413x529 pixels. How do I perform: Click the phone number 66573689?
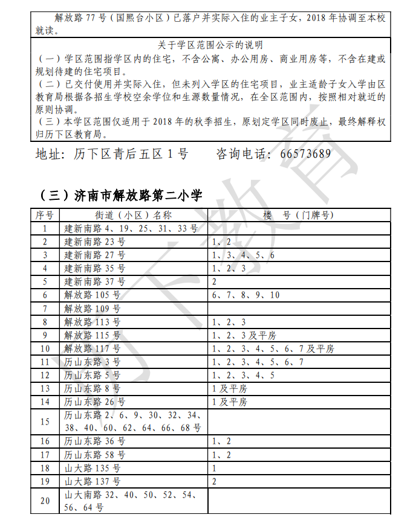(x=305, y=154)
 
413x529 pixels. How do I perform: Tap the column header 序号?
(x=45, y=215)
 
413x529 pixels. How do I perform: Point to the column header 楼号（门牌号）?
(x=299, y=215)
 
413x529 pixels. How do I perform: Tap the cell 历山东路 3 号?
(x=93, y=362)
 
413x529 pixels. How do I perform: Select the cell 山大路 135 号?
(x=93, y=468)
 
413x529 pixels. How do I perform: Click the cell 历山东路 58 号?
(x=95, y=455)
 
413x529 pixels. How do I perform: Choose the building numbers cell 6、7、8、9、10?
(x=246, y=295)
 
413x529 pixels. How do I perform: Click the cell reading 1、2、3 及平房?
(x=244, y=335)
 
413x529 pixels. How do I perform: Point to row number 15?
(x=45, y=422)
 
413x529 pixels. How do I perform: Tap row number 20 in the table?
(x=45, y=501)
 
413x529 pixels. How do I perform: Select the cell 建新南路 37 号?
(x=95, y=282)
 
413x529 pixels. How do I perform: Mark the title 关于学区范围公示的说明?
(x=210, y=45)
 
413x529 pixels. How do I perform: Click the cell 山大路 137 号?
(x=93, y=481)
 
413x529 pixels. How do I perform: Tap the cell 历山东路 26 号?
(x=95, y=402)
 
